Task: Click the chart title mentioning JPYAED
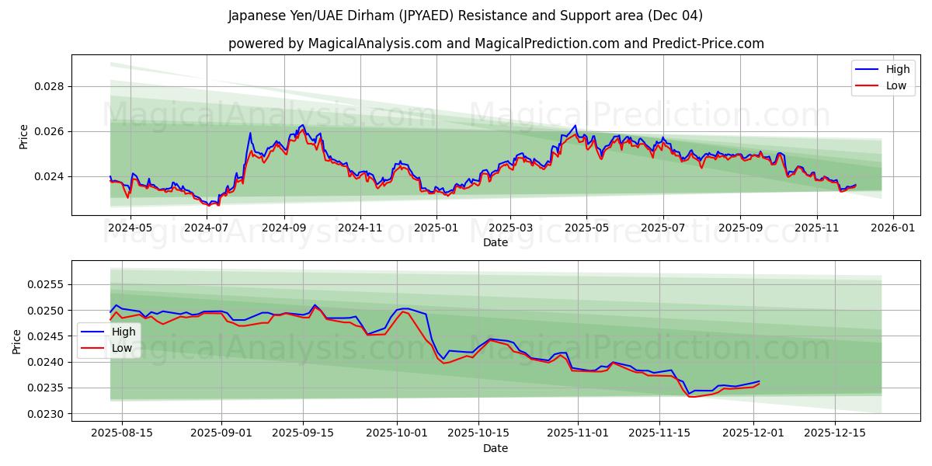coord(465,16)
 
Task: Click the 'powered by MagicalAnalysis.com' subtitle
coord(496,43)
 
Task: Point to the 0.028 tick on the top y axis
coord(48,86)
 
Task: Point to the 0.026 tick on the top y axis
coord(48,131)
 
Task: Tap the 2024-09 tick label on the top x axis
coord(283,228)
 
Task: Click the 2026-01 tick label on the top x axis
coord(892,228)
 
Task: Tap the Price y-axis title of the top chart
coord(23,137)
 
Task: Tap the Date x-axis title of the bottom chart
coord(496,448)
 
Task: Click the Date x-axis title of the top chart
coord(496,242)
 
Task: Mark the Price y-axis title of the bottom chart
coord(17,341)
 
